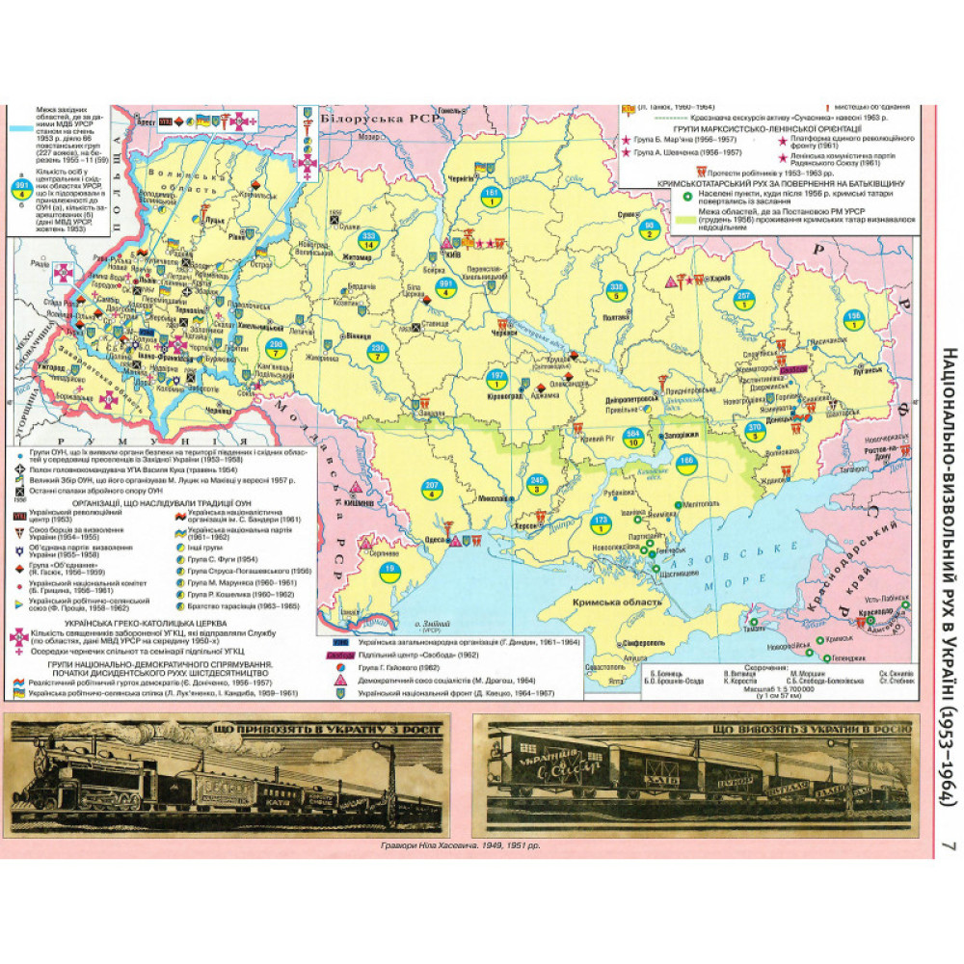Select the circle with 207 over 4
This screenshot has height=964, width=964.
click(x=433, y=487)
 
